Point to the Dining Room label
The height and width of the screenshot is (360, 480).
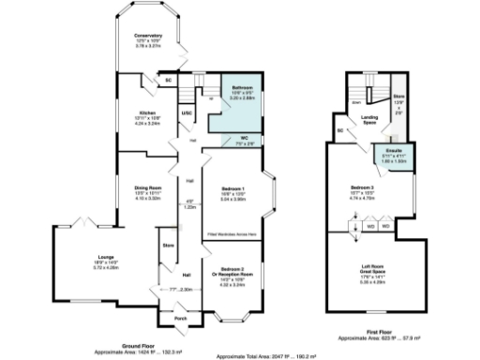click(136, 188)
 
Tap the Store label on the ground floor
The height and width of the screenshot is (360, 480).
click(170, 247)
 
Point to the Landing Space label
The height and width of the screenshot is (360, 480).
click(370, 119)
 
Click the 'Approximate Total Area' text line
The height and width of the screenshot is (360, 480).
click(265, 355)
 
